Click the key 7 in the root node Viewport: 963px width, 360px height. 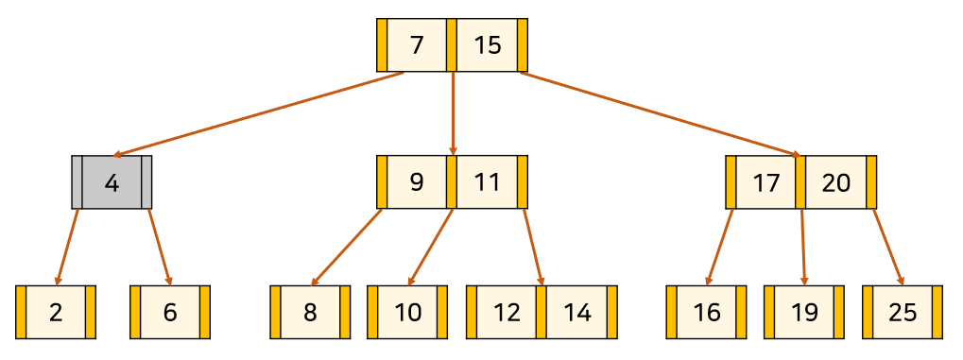(x=417, y=44)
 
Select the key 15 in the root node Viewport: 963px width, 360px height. (x=488, y=44)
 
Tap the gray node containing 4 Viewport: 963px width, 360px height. (x=112, y=182)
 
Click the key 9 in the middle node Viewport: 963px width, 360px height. (x=417, y=182)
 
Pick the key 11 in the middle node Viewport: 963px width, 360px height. (x=488, y=182)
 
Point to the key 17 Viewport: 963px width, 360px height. (x=765, y=182)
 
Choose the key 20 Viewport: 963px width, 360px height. (x=835, y=182)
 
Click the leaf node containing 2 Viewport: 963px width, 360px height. (x=56, y=312)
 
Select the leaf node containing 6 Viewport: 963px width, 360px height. (x=170, y=312)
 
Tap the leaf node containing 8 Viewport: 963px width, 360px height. (x=310, y=312)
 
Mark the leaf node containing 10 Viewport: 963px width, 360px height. (x=407, y=312)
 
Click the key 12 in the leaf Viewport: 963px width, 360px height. (x=507, y=312)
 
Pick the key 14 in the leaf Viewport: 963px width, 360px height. (x=576, y=312)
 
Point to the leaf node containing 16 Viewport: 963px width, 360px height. (x=706, y=312)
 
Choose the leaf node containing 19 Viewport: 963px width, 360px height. (x=804, y=312)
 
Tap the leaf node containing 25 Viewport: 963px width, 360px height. (x=903, y=312)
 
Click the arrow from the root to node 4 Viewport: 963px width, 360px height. (x=258, y=115)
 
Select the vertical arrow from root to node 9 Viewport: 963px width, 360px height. (x=454, y=113)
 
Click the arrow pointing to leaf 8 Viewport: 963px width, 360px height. (x=347, y=248)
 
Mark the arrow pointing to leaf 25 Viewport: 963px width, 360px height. (x=888, y=248)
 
